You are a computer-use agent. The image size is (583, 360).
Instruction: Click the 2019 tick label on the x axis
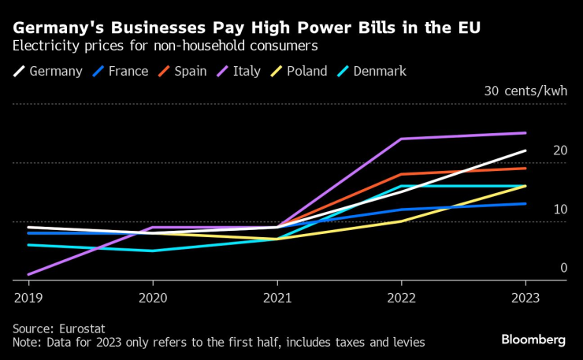pyautogui.click(x=28, y=298)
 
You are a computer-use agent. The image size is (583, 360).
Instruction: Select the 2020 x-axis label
pyautogui.click(x=152, y=298)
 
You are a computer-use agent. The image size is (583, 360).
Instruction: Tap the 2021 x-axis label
pyautogui.click(x=277, y=298)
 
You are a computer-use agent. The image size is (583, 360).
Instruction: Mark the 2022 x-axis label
pyautogui.click(x=401, y=298)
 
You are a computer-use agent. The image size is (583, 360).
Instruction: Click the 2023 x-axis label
pyautogui.click(x=525, y=298)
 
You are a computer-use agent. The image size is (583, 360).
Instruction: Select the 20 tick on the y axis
pyautogui.click(x=560, y=150)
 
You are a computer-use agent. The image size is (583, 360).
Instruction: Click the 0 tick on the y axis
pyautogui.click(x=563, y=268)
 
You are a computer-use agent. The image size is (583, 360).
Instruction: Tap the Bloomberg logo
pyautogui.click(x=533, y=340)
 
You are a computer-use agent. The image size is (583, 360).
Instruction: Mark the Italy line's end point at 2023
pyautogui.click(x=525, y=133)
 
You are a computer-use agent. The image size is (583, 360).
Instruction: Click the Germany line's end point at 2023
pyautogui.click(x=525, y=150)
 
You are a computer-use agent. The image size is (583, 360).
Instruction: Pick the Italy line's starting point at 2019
pyautogui.click(x=28, y=274)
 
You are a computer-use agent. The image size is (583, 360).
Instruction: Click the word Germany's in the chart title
pyautogui.click(x=62, y=28)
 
